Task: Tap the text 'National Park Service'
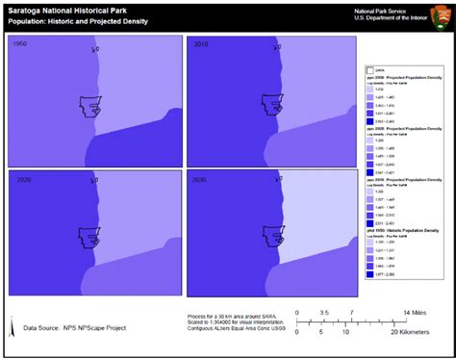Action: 386,9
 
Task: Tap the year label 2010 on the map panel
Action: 201,44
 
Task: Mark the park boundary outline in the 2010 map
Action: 269,105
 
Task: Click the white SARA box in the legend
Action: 369,70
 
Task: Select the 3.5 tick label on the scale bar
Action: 324,313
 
